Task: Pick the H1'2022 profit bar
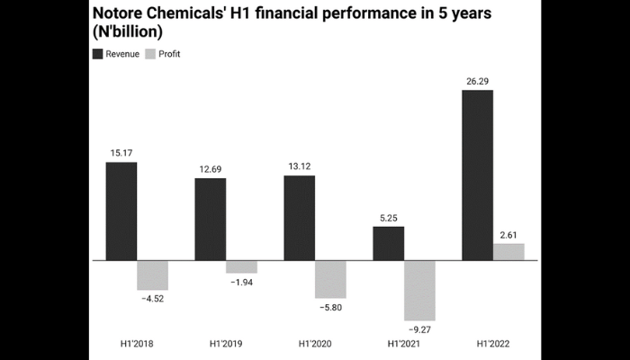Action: (508, 252)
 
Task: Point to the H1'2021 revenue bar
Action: (389, 243)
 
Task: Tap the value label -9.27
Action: (419, 330)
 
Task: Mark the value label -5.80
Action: (330, 308)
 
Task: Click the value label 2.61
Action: (508, 233)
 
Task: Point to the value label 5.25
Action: (389, 216)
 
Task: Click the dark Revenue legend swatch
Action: (97, 54)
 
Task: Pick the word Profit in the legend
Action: (168, 54)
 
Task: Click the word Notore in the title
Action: (121, 13)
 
